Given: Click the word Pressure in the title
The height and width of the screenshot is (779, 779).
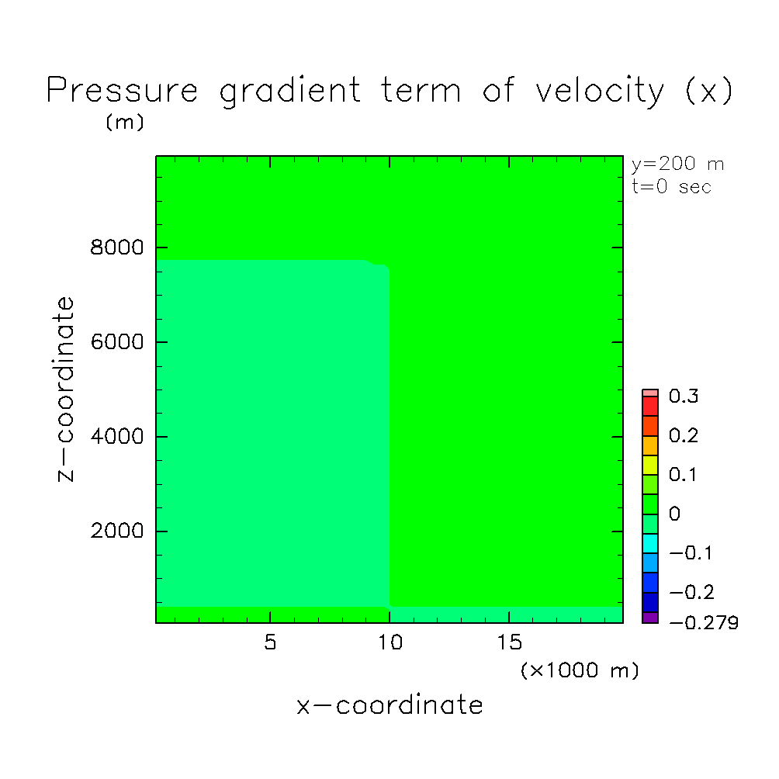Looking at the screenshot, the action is tap(123, 90).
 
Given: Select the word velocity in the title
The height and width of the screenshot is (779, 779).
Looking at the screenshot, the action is tap(600, 91).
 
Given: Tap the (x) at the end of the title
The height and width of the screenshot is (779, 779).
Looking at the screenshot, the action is tap(708, 91).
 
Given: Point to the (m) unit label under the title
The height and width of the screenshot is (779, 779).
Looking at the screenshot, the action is tap(125, 123).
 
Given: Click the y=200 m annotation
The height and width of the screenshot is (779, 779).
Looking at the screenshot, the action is tap(677, 164).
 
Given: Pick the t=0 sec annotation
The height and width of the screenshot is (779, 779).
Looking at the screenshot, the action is tap(672, 187).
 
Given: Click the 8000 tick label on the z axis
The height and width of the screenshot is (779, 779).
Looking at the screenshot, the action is tap(116, 248).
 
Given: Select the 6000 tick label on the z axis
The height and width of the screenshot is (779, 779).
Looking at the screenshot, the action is tap(116, 342).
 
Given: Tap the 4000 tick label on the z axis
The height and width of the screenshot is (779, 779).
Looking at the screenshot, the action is tap(116, 437).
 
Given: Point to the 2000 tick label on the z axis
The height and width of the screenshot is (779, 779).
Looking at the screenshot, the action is tap(116, 531).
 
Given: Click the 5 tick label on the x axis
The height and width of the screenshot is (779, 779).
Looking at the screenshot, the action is tap(270, 642).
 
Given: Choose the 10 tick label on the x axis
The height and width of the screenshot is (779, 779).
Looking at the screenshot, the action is tap(390, 642).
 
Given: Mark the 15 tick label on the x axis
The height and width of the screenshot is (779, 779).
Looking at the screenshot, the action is tap(509, 642).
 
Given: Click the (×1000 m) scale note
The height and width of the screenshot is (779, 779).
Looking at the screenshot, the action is tap(580, 670).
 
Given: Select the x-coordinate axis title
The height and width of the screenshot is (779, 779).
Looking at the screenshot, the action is tap(390, 705).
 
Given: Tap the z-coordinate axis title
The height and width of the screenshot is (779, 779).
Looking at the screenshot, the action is tap(65, 389).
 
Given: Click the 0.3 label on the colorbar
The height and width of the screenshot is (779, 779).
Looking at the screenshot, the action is tap(684, 396).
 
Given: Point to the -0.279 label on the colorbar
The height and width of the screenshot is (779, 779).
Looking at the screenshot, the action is tap(704, 623).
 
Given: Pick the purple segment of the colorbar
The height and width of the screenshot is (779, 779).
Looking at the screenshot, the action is tap(650, 618).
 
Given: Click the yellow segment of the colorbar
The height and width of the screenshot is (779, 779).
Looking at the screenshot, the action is tap(650, 465).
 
